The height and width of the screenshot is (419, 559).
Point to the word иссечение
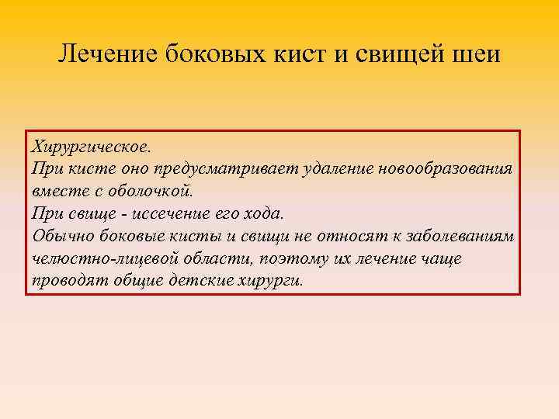[158, 213]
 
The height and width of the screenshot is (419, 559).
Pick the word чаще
[443, 258]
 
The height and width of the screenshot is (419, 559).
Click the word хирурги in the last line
[267, 280]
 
